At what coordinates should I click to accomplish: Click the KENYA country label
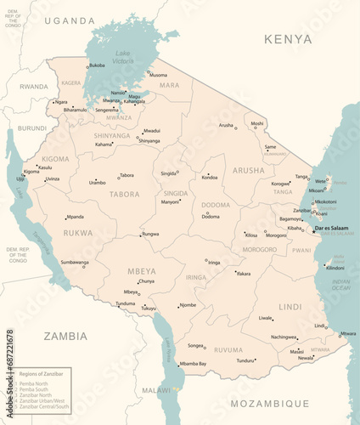pyautogui.click(x=288, y=39)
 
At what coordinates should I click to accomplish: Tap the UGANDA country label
pyautogui.click(x=70, y=20)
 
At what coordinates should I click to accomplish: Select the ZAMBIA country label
pyautogui.click(x=65, y=336)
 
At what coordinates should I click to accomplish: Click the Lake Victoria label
pyautogui.click(x=124, y=57)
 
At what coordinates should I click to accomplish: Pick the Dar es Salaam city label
pyautogui.click(x=331, y=228)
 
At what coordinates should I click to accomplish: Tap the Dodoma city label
pyautogui.click(x=211, y=217)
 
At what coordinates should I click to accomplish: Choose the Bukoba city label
pyautogui.click(x=97, y=65)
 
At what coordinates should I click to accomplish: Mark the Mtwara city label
pyautogui.click(x=347, y=333)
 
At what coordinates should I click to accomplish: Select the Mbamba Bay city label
pyautogui.click(x=193, y=363)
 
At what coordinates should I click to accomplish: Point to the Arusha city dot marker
pyautogui.click(x=236, y=125)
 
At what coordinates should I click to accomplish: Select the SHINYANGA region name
pyautogui.click(x=112, y=135)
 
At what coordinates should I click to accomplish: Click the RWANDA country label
pyautogui.click(x=34, y=87)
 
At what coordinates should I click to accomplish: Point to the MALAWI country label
pyautogui.click(x=155, y=390)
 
